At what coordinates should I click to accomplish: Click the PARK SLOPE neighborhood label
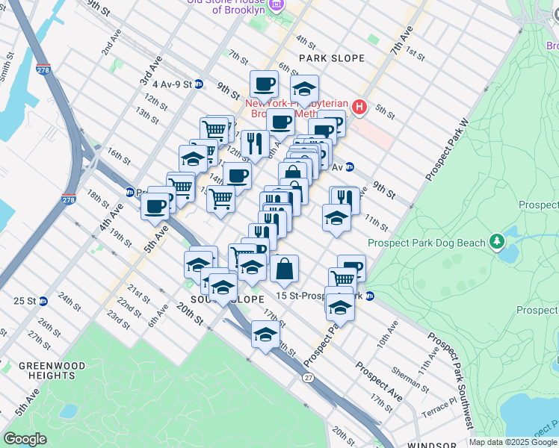(x=332, y=58)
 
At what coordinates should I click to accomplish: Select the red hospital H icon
(x=359, y=108)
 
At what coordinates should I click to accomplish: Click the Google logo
(x=25, y=438)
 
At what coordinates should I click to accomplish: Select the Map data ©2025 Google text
(x=513, y=442)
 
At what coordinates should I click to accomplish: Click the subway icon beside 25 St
(x=43, y=301)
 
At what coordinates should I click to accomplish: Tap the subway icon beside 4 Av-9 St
(x=199, y=84)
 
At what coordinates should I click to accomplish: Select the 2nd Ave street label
(x=111, y=46)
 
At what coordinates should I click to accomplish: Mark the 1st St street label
(x=416, y=55)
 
